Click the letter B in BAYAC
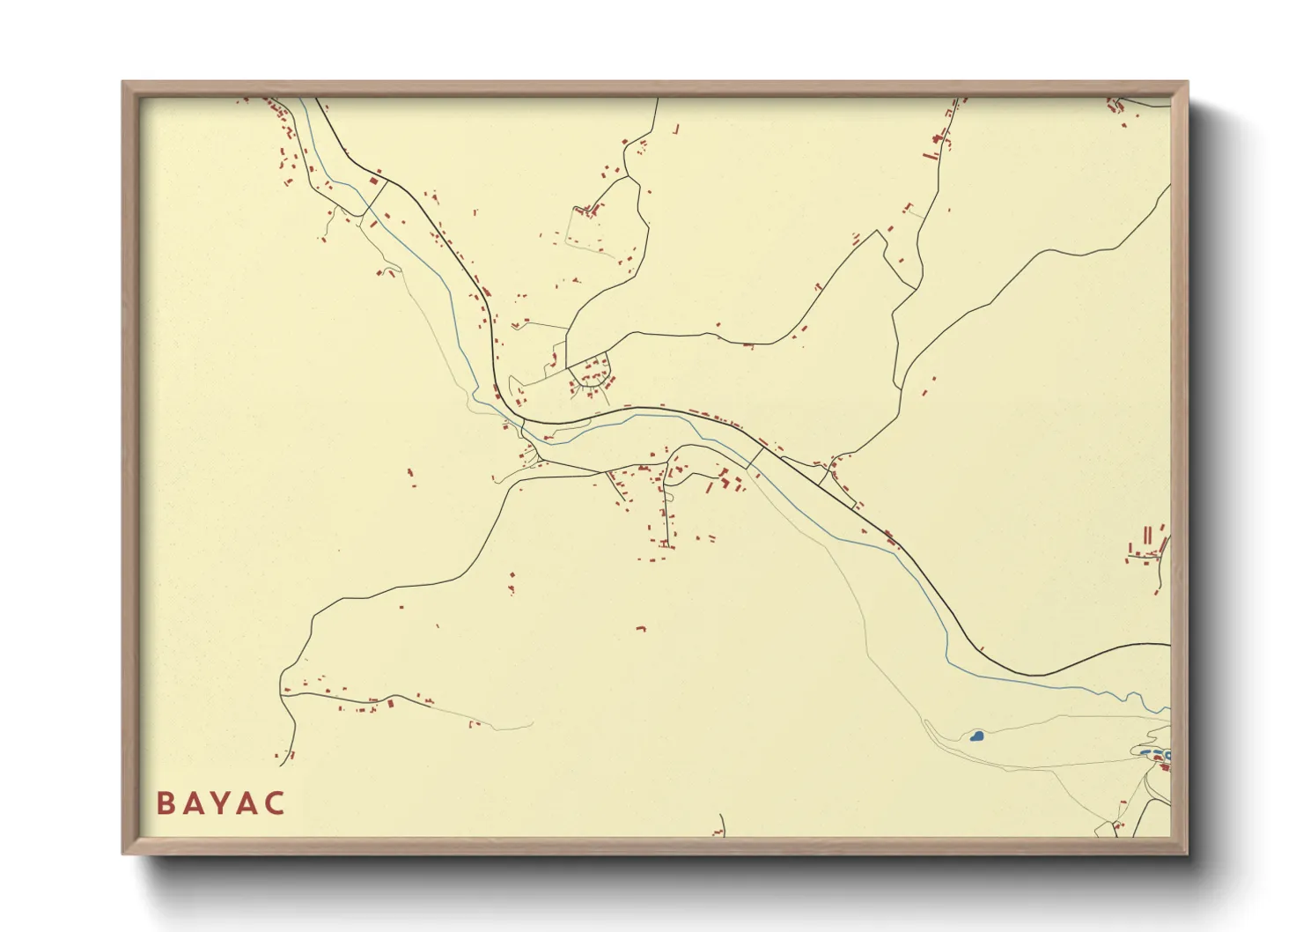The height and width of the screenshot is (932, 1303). pyautogui.click(x=165, y=803)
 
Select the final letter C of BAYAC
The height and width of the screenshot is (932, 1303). pyautogui.click(x=276, y=803)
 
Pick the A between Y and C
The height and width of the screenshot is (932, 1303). pyautogui.click(x=248, y=803)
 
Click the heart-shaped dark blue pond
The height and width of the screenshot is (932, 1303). pyautogui.click(x=976, y=736)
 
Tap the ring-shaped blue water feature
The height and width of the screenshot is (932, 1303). pyautogui.click(x=1167, y=755)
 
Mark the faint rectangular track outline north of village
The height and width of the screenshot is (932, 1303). pyautogui.click(x=585, y=231)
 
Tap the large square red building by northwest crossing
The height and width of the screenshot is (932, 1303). pyautogui.click(x=373, y=181)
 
